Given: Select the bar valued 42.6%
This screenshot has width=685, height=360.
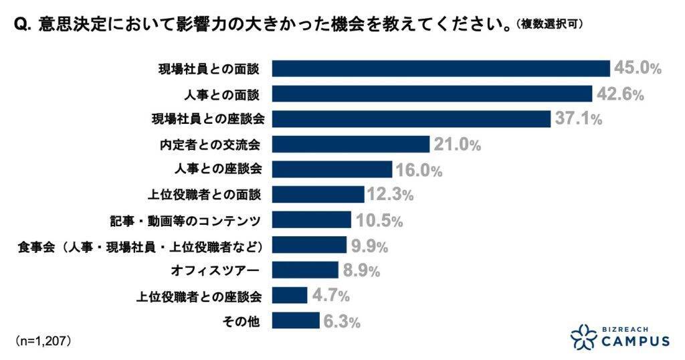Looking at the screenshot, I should tap(433, 94).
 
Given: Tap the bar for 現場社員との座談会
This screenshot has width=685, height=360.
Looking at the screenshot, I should tap(412, 118).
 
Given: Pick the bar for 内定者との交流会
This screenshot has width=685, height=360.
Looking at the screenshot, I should tap(351, 144).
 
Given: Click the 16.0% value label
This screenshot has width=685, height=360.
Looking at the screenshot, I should tap(419, 170).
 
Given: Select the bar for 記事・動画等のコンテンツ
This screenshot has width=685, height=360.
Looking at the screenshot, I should tap(312, 219).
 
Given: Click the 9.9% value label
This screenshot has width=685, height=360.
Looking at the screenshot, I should tap(369, 246).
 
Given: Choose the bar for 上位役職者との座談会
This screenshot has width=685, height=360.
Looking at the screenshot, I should tap(290, 295).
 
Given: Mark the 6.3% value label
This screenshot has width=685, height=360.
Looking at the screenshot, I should tap(342, 321).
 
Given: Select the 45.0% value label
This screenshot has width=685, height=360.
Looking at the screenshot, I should tap(638, 68).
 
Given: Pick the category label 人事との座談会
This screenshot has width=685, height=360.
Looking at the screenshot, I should tap(229, 169).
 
